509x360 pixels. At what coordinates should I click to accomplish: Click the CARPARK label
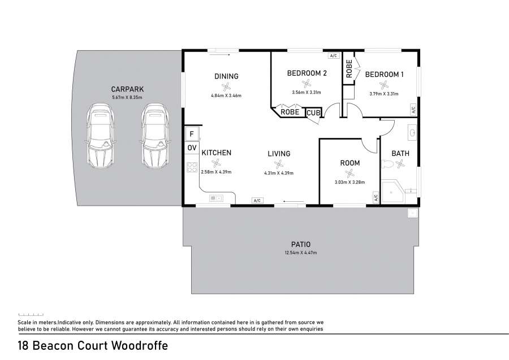[x=127, y=89]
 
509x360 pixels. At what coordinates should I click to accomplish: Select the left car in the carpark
[x=101, y=136]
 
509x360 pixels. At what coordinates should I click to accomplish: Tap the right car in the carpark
[x=156, y=136]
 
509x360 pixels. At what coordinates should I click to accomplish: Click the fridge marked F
[x=192, y=133]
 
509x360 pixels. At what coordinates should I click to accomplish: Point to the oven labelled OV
[x=192, y=148]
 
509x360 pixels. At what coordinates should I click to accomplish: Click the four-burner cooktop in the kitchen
[x=192, y=167]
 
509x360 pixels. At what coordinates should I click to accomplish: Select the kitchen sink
[x=216, y=198]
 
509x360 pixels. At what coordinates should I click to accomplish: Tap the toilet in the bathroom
[x=388, y=164]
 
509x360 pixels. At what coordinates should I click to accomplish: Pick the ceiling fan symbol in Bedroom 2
[x=307, y=84]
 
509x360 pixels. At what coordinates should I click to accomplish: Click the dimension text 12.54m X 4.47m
[x=301, y=253]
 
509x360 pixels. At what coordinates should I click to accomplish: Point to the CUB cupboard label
[x=313, y=113]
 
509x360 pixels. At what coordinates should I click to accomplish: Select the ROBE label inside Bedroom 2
[x=290, y=112]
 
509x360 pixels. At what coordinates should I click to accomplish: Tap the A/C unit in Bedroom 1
[x=413, y=110]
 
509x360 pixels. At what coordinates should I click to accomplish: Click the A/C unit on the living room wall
[x=257, y=201]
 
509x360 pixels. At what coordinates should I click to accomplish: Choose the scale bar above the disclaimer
[x=31, y=315]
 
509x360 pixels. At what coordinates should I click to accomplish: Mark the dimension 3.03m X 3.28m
[x=350, y=183]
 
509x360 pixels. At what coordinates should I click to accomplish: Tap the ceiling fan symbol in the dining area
[x=226, y=86]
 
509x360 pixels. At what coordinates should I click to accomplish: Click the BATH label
[x=400, y=153]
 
